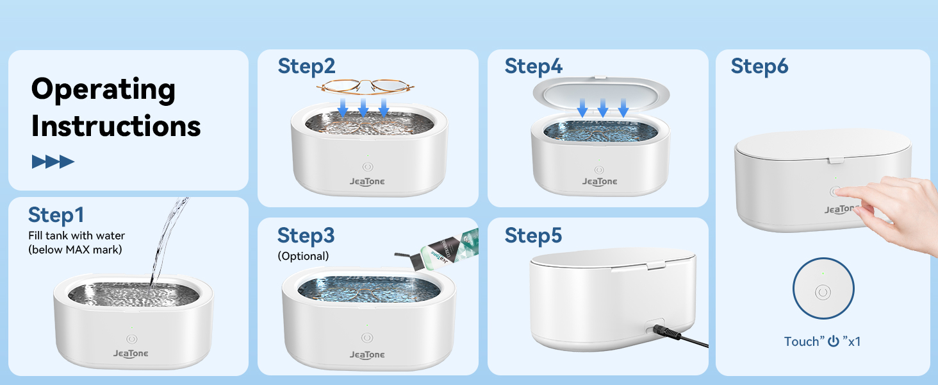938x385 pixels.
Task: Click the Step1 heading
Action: [x=56, y=216]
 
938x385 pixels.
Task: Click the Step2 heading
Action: [x=306, y=66]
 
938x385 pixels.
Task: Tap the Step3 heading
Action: [x=306, y=236]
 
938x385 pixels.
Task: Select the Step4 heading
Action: [x=534, y=66]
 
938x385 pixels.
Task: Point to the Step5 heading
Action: [x=534, y=235]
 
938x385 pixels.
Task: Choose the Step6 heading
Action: [x=759, y=66]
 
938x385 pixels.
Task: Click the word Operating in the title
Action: [x=103, y=90]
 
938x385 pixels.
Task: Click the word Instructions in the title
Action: [x=116, y=126]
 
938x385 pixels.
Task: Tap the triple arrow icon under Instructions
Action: [x=53, y=162]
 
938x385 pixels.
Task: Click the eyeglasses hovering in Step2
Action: [x=363, y=87]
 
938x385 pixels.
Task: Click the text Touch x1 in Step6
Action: [x=823, y=341]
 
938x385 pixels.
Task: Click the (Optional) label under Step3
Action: [x=303, y=256]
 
